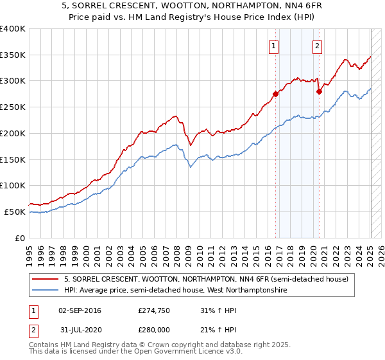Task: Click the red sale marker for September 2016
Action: coord(275,94)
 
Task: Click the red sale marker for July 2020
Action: coord(319,91)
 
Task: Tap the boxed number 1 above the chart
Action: coord(274,45)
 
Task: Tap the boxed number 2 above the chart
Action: coord(318,45)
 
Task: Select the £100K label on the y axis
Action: coord(13,185)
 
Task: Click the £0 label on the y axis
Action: coord(19,238)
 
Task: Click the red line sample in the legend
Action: coord(46,279)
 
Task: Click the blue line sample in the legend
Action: coord(46,291)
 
